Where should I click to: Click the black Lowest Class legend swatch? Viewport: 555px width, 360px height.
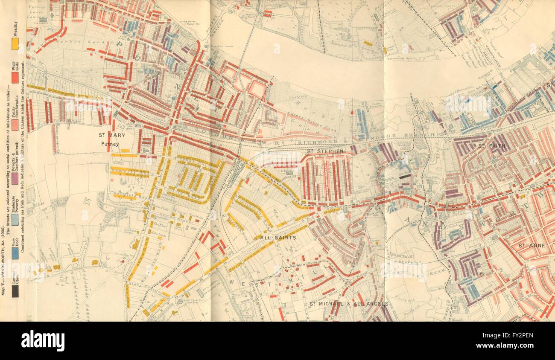click(15, 290)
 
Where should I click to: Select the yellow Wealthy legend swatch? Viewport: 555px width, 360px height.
click(15, 44)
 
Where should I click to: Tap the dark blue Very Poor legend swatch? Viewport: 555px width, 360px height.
click(15, 253)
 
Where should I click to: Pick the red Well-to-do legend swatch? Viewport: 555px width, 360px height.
click(15, 77)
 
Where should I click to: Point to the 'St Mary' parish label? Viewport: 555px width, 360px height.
click(111, 135)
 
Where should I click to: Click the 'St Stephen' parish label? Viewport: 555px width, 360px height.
click(325, 151)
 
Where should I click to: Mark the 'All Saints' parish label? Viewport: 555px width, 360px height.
click(278, 237)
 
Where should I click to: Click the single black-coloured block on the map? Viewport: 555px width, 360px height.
click(405, 176)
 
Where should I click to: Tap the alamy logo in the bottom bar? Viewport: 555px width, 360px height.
click(43, 341)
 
